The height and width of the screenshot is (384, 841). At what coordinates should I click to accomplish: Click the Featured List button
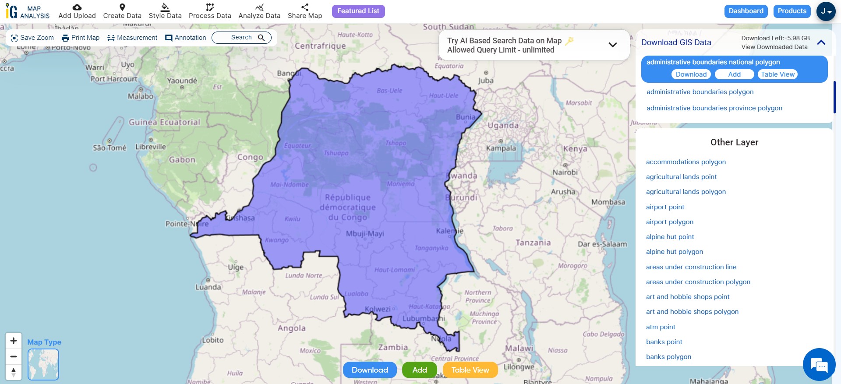358,11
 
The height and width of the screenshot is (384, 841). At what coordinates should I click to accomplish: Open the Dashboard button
746,11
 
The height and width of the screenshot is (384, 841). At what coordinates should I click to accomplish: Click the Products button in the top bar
792,11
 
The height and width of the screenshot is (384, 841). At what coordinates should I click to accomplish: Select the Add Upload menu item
77,11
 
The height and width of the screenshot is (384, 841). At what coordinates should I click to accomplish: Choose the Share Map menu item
304,11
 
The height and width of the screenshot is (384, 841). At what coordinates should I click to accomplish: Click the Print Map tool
81,38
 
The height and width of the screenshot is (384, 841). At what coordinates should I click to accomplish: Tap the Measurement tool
132,38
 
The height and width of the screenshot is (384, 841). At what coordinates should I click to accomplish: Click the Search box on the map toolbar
241,38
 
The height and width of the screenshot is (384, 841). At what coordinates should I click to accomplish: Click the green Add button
419,370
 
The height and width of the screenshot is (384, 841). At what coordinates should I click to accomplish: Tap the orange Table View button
470,370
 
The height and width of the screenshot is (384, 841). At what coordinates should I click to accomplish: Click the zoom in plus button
14,341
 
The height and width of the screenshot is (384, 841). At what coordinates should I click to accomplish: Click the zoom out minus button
14,356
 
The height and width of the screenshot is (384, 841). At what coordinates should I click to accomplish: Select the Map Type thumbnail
43,364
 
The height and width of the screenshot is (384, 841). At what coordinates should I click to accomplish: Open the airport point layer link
665,207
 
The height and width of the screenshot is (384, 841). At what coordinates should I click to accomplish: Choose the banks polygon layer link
668,357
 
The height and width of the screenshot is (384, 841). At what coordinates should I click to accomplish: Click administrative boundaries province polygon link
714,108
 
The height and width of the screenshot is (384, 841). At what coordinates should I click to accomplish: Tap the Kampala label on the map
501,148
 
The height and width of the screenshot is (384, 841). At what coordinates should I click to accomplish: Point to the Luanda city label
208,287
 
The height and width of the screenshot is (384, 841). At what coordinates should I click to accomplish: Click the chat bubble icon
818,365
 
